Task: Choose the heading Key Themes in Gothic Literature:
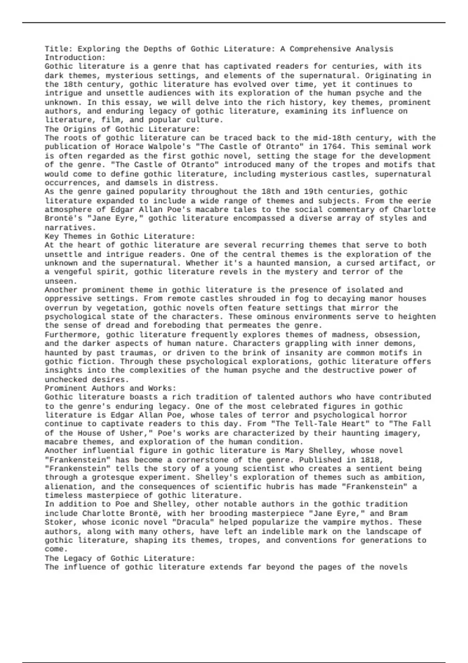tap(120, 236)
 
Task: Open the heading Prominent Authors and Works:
tap(110, 388)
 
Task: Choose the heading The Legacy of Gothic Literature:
tap(120, 558)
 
